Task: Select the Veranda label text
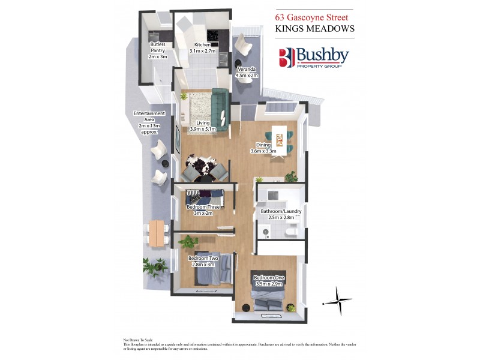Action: [x=247, y=72]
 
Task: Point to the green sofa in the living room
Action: [x=219, y=109]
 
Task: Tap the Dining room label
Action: [x=263, y=148]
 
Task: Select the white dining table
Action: [x=277, y=138]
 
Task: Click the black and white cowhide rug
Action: [x=197, y=164]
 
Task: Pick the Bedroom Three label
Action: [x=203, y=209]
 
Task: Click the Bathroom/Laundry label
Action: [x=277, y=215]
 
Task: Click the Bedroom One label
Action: [x=268, y=281]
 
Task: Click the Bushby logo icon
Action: [x=286, y=58]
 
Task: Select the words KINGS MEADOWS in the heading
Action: [x=314, y=28]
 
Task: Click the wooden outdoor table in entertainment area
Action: [x=159, y=232]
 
